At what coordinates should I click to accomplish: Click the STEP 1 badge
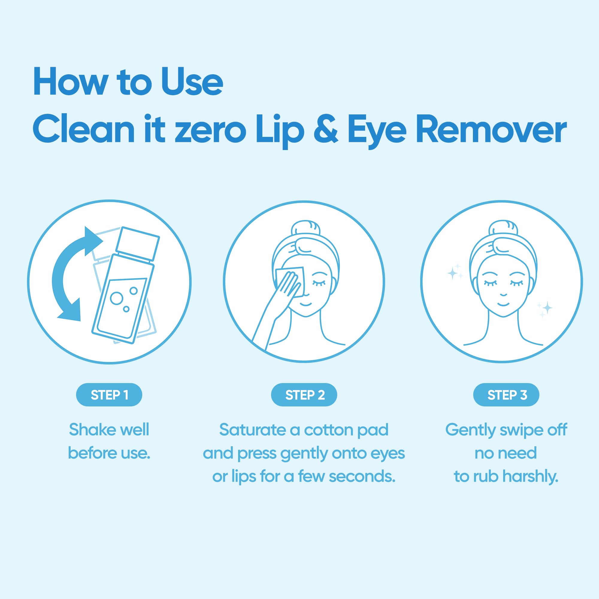[x=109, y=395]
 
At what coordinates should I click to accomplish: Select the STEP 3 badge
[x=506, y=395]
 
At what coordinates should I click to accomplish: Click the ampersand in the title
[x=326, y=130]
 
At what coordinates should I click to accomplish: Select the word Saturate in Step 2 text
[x=253, y=430]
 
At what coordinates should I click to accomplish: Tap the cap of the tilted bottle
[x=137, y=243]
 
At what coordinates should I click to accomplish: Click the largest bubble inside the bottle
[x=117, y=298]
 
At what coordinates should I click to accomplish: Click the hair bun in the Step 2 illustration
[x=305, y=228]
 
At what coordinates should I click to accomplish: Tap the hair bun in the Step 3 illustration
[x=503, y=228]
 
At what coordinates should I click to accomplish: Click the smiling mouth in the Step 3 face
[x=503, y=304]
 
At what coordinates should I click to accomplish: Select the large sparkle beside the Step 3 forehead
[x=453, y=273]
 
